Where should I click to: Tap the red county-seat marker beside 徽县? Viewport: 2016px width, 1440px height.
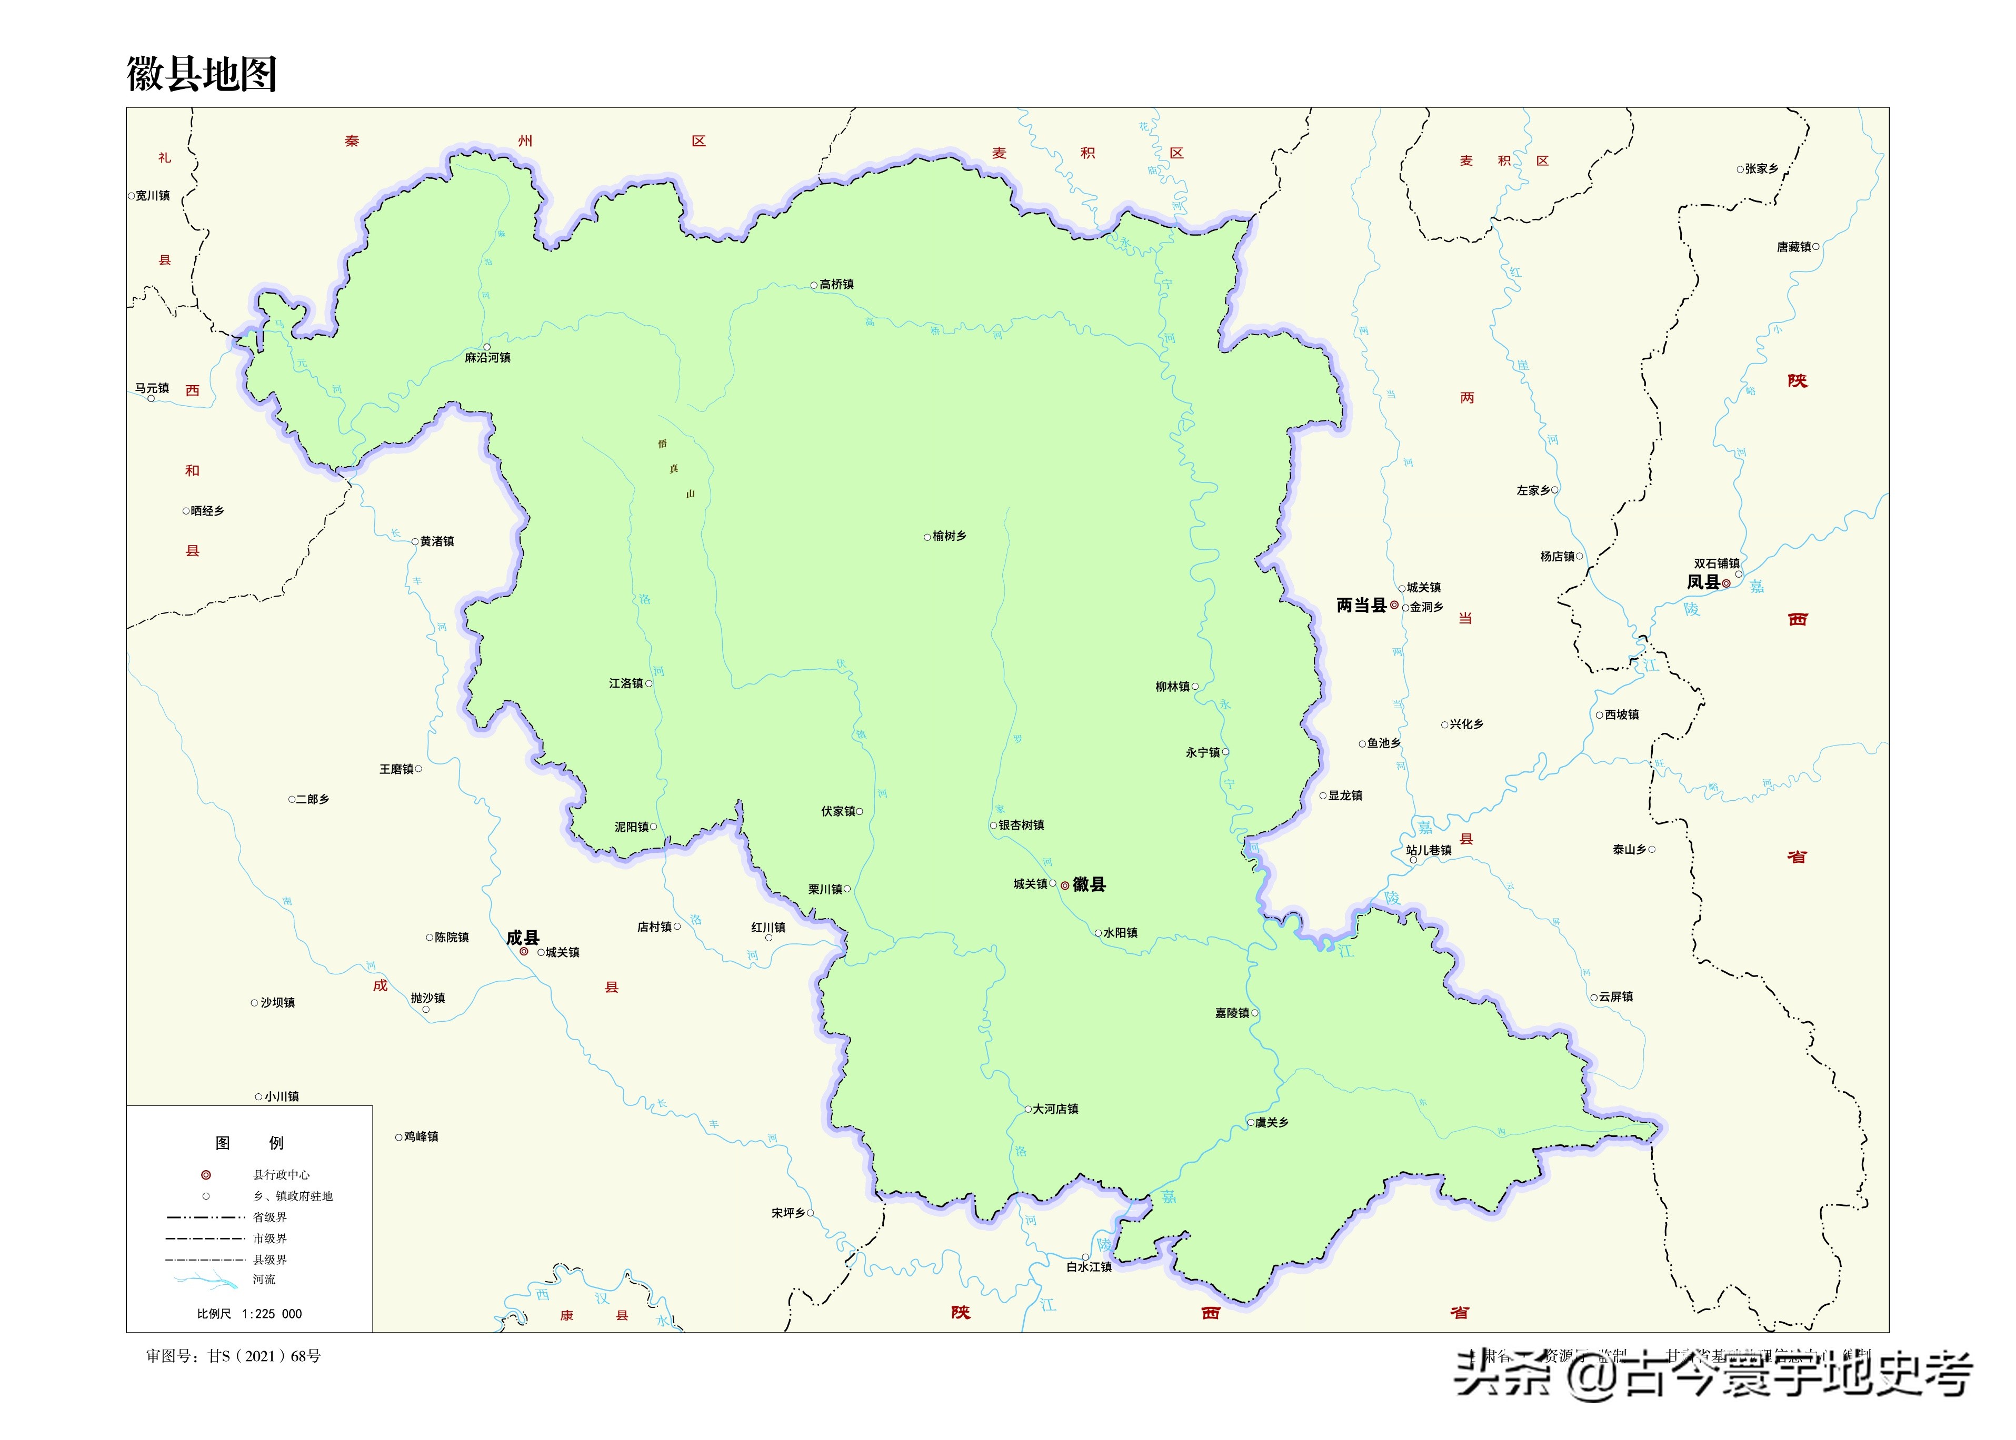coord(1064,886)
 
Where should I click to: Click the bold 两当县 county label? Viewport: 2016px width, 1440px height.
coord(1361,606)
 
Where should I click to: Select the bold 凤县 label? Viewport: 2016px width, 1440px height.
coord(1703,582)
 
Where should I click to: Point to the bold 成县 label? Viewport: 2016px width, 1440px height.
coord(522,937)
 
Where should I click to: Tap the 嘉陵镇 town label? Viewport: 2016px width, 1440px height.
coord(1231,1013)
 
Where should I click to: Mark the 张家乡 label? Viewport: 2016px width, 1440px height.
coord(1761,168)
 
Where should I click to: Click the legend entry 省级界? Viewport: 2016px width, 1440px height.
coord(270,1217)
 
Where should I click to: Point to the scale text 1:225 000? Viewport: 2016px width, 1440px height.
coord(272,1314)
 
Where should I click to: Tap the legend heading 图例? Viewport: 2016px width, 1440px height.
coord(249,1143)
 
